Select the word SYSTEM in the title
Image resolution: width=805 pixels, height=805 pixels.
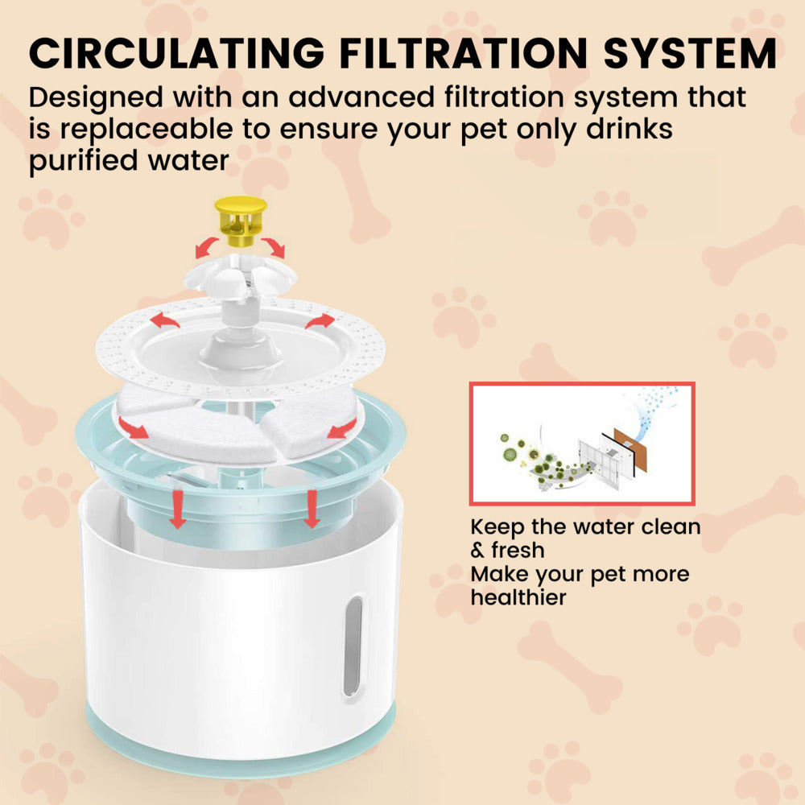pyautogui.click(x=689, y=54)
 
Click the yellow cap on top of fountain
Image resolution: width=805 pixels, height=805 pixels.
pyautogui.click(x=240, y=220)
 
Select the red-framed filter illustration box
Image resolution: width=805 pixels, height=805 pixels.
pyautogui.click(x=581, y=444)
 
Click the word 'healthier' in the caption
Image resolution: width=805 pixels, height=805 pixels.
pyautogui.click(x=519, y=597)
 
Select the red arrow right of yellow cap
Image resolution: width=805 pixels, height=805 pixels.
pyautogui.click(x=274, y=248)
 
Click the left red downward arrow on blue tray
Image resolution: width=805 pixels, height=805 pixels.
pyautogui.click(x=178, y=512)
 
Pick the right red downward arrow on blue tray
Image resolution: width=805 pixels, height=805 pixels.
pyautogui.click(x=312, y=512)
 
